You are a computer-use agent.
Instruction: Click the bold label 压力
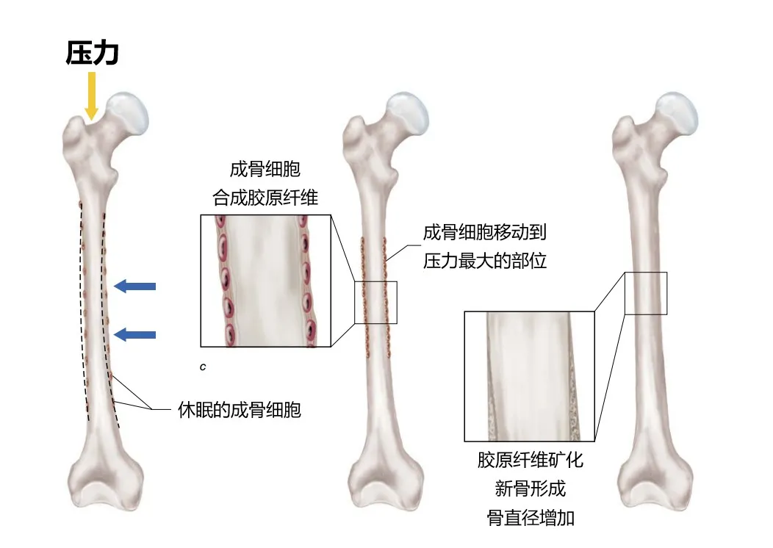click(x=92, y=54)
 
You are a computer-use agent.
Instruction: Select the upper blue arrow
click(x=136, y=286)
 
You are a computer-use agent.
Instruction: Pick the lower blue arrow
click(x=136, y=335)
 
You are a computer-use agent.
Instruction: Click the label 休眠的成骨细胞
click(x=240, y=409)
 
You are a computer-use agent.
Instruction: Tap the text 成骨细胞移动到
click(x=485, y=233)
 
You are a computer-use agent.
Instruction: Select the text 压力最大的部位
click(x=485, y=260)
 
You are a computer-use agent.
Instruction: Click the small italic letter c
click(x=202, y=365)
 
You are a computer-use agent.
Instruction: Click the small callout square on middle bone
click(x=375, y=302)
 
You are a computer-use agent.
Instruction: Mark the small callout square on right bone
click(x=646, y=292)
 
